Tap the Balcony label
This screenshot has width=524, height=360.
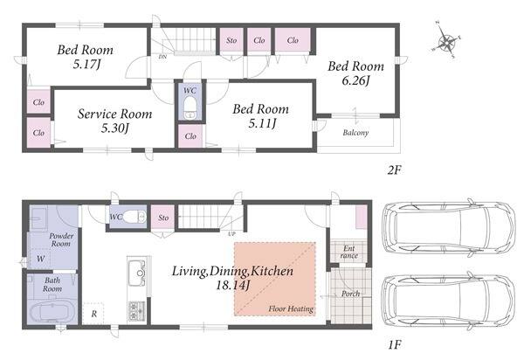point(355,133)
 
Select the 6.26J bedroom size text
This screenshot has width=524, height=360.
point(355,81)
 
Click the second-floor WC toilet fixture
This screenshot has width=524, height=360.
point(190,107)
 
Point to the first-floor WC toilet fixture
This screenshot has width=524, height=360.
point(134,218)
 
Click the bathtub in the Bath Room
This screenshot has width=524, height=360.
point(52,312)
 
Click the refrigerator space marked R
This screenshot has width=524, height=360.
point(93,314)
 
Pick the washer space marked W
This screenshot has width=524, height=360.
point(40,259)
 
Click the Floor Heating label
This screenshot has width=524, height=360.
point(291,308)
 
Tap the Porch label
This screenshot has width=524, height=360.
point(350,294)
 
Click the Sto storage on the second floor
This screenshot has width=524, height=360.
point(231,40)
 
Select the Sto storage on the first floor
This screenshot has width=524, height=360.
point(163,218)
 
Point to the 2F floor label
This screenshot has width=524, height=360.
point(395,170)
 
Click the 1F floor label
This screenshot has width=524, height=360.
point(395,344)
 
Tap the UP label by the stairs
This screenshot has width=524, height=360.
point(231,234)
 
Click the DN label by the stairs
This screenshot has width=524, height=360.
point(162,57)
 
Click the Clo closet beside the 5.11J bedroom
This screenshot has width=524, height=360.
point(190,136)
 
